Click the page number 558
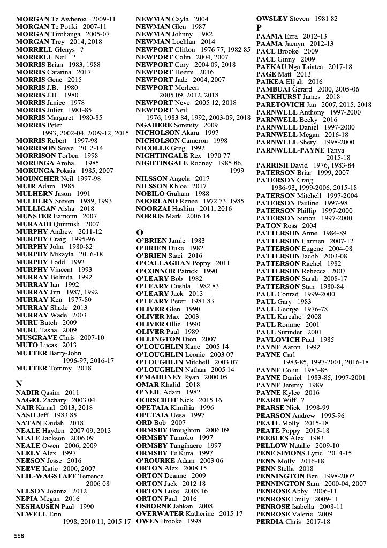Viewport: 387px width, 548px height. click(19, 535)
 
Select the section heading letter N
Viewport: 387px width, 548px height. click(19, 384)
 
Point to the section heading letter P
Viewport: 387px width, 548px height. click(259, 27)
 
